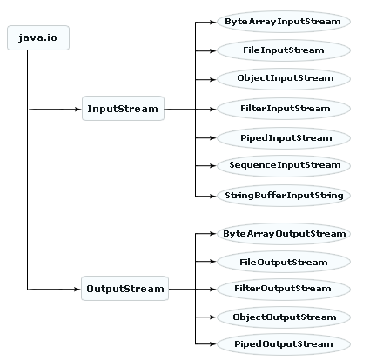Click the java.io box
38,38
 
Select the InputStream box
123,109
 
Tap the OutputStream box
124,289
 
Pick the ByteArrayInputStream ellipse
284,22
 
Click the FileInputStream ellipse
284,50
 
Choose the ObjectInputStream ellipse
284,79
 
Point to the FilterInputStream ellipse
284,109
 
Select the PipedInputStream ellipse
284,138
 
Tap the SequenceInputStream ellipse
284,165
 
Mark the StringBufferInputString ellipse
284,196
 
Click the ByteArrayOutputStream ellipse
284,234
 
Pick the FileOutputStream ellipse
284,262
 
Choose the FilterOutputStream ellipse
284,289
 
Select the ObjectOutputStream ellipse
284,317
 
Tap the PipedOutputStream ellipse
284,344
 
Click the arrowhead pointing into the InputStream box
78,110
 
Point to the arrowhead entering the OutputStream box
77,289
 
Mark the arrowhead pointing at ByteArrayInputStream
212,22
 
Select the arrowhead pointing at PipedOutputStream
212,344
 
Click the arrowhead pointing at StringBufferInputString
212,196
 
